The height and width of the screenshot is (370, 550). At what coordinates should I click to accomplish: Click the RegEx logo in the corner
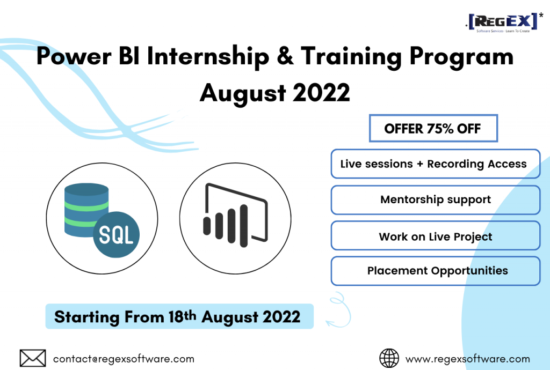click(x=504, y=23)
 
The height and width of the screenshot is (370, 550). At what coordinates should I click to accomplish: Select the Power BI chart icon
click(x=235, y=215)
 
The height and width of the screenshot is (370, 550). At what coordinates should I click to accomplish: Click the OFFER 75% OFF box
click(x=433, y=128)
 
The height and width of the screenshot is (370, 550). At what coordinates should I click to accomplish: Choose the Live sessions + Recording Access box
click(x=435, y=164)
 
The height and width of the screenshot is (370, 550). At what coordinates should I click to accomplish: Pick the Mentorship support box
click(x=435, y=200)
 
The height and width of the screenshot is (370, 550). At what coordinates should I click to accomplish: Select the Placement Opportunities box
click(x=435, y=271)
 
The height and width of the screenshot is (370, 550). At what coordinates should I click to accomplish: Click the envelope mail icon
click(x=33, y=358)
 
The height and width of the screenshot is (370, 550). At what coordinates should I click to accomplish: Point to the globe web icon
click(x=389, y=358)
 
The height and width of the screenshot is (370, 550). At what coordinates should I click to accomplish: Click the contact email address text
click(x=124, y=359)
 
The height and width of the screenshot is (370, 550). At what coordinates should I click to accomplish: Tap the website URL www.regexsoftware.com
click(x=468, y=359)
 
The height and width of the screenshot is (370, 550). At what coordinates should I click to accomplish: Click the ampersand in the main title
click(x=285, y=56)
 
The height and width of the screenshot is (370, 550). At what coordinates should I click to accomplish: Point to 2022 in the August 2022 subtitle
click(x=321, y=92)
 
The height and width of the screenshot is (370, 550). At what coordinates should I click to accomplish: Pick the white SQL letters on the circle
click(x=116, y=234)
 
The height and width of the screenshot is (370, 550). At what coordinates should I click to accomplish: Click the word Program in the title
click(x=461, y=57)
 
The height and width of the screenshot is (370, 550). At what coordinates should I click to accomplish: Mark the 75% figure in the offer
click(x=440, y=129)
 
